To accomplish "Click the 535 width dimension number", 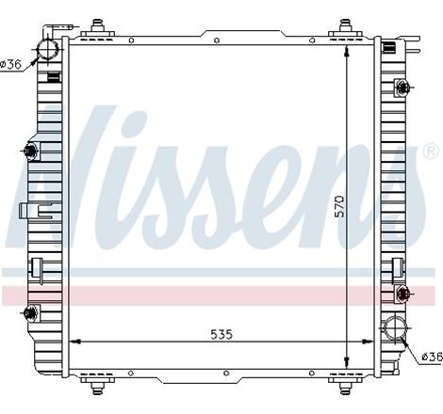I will (221, 335).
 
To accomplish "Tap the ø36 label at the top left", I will (12, 63).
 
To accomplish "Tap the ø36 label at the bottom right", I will (430, 356).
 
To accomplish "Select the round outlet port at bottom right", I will (393, 332).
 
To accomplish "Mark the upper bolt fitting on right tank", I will (404, 88).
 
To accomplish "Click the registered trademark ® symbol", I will (430, 151).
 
